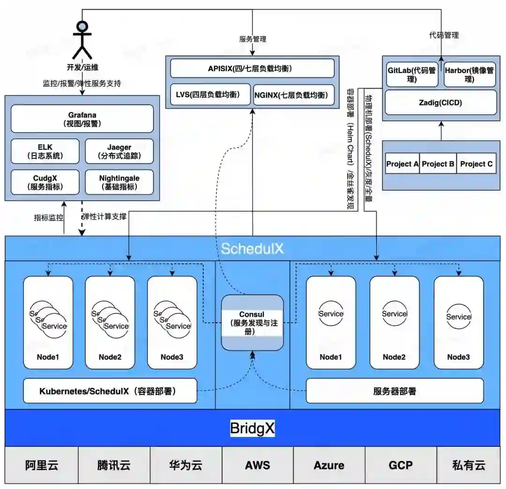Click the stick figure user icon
click(x=82, y=40)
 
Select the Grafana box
click(x=82, y=119)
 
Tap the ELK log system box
click(x=45, y=151)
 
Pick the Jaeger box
click(x=119, y=151)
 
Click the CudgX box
click(x=45, y=182)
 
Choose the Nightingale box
click(x=119, y=182)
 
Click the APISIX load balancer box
click(x=252, y=68)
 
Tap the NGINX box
click(x=294, y=95)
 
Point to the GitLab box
click(x=412, y=74)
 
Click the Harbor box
click(x=469, y=74)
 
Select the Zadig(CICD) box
click(x=440, y=103)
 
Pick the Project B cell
click(x=438, y=164)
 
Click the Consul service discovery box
click(x=252, y=323)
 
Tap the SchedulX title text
click(x=252, y=248)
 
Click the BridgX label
click(x=252, y=428)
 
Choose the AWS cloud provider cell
click(x=257, y=465)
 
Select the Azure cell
click(x=329, y=465)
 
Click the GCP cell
click(x=401, y=465)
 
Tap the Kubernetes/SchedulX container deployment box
click(x=110, y=391)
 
